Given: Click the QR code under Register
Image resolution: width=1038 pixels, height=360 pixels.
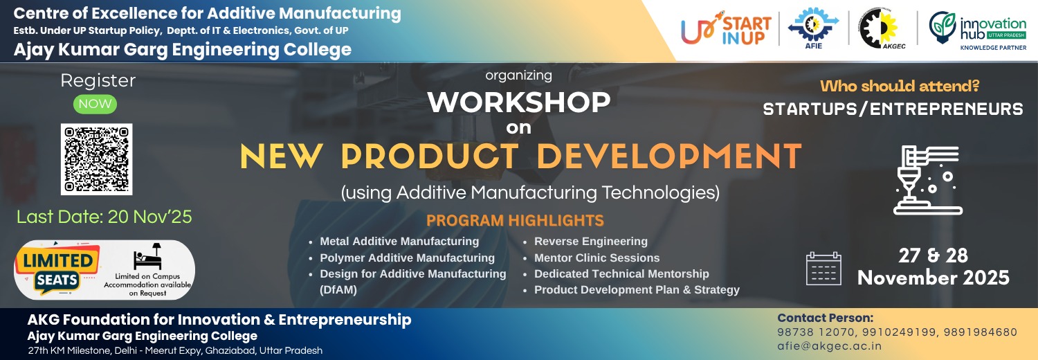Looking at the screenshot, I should click(x=96, y=159).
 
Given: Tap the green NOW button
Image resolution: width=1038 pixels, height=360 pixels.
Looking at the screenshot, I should click(x=95, y=105).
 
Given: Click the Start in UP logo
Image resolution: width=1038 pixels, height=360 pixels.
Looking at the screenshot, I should click(x=726, y=30).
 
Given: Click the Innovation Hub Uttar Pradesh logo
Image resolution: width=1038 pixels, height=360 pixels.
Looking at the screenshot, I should click(x=978, y=30).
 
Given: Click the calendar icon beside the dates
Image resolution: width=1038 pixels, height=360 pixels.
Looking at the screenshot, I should click(x=824, y=269).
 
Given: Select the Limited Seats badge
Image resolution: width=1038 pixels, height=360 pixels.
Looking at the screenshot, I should click(x=57, y=269).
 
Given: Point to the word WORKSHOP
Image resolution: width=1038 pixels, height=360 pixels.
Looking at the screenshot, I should click(x=518, y=102).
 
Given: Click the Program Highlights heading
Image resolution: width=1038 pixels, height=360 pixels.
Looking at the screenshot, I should click(x=515, y=221).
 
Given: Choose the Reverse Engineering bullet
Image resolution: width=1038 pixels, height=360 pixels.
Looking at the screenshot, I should click(x=590, y=242).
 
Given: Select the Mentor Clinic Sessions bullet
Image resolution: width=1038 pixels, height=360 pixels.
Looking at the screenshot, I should click(x=597, y=258).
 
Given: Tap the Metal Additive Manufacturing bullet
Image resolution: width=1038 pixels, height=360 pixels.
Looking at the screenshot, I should click(x=399, y=242).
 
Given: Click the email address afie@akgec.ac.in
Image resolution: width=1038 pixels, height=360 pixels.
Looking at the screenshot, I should click(x=829, y=346).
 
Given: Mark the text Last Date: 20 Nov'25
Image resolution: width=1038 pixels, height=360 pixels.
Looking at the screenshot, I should click(x=104, y=217).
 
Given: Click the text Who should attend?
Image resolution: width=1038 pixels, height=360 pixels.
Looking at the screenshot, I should click(x=900, y=87).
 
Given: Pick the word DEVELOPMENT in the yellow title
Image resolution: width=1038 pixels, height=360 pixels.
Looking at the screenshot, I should click(x=669, y=156).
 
